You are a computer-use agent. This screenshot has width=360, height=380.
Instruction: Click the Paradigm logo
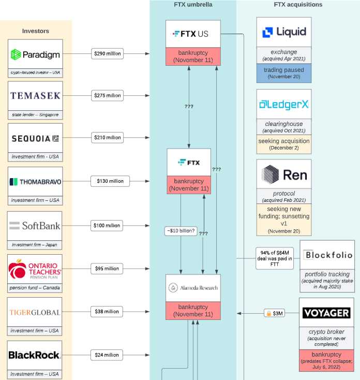click(x=35, y=54)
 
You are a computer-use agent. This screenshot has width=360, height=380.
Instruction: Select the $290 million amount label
click(x=107, y=53)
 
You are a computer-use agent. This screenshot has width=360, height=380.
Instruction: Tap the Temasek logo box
click(x=35, y=96)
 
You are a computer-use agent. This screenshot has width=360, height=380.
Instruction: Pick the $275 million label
click(x=107, y=95)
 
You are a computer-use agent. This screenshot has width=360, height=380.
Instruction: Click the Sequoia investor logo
click(x=35, y=138)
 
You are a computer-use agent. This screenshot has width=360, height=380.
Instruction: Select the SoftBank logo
click(x=35, y=226)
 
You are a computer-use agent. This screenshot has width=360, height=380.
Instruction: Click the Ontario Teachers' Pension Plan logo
click(x=35, y=269)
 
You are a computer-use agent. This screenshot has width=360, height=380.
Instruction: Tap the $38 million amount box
click(x=107, y=311)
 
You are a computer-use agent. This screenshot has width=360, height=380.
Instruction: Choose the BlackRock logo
click(x=35, y=355)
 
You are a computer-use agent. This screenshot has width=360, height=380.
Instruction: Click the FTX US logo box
click(x=193, y=34)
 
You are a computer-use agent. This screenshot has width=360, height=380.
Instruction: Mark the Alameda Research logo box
click(x=193, y=288)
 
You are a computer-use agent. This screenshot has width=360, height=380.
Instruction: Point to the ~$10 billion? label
click(x=181, y=230)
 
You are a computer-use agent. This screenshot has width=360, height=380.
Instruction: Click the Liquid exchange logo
click(x=284, y=32)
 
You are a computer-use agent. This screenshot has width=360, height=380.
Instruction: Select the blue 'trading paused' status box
click(x=284, y=73)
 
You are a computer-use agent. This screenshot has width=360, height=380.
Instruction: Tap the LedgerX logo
click(x=284, y=105)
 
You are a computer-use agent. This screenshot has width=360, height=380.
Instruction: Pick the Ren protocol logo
click(x=284, y=174)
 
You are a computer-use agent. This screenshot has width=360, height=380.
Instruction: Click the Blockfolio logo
click(x=327, y=255)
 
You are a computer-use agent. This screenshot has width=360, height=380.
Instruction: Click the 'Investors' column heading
click(x=36, y=31)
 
